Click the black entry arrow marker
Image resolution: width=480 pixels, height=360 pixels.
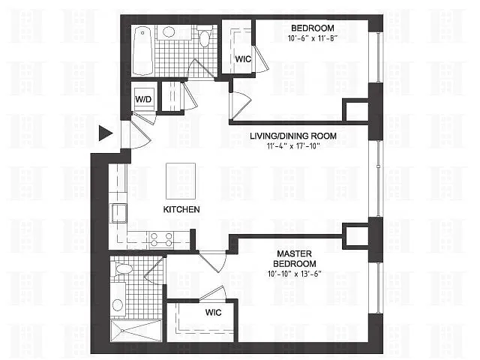[x=105, y=133]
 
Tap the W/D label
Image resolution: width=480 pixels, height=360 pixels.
[x=143, y=99]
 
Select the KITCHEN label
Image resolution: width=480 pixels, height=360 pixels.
[x=181, y=209]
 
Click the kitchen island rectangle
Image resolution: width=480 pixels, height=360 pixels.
[x=181, y=181]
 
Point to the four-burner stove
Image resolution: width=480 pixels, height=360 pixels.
[x=161, y=240]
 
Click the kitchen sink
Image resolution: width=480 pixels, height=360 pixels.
[x=118, y=213]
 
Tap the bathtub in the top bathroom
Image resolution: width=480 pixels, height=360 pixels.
[x=142, y=51]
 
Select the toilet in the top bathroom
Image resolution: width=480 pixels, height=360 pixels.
[x=205, y=36]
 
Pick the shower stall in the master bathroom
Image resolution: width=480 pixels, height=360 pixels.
[x=136, y=331]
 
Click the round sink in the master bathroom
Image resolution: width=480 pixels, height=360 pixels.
[x=118, y=305]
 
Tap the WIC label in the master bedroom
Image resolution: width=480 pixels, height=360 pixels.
[x=213, y=313]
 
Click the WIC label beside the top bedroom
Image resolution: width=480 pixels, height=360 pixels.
[x=243, y=59]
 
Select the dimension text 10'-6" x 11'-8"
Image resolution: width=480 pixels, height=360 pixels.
[x=313, y=38]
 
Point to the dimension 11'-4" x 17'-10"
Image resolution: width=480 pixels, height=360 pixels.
[x=293, y=146]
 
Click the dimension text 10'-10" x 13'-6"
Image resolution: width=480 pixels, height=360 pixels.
[x=295, y=274]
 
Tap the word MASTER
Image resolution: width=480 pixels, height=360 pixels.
[x=295, y=253]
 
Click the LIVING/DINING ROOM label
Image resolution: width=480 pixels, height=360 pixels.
[x=293, y=136]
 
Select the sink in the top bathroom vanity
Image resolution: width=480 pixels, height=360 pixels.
[x=168, y=31]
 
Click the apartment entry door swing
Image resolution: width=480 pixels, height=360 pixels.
[x=139, y=135]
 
